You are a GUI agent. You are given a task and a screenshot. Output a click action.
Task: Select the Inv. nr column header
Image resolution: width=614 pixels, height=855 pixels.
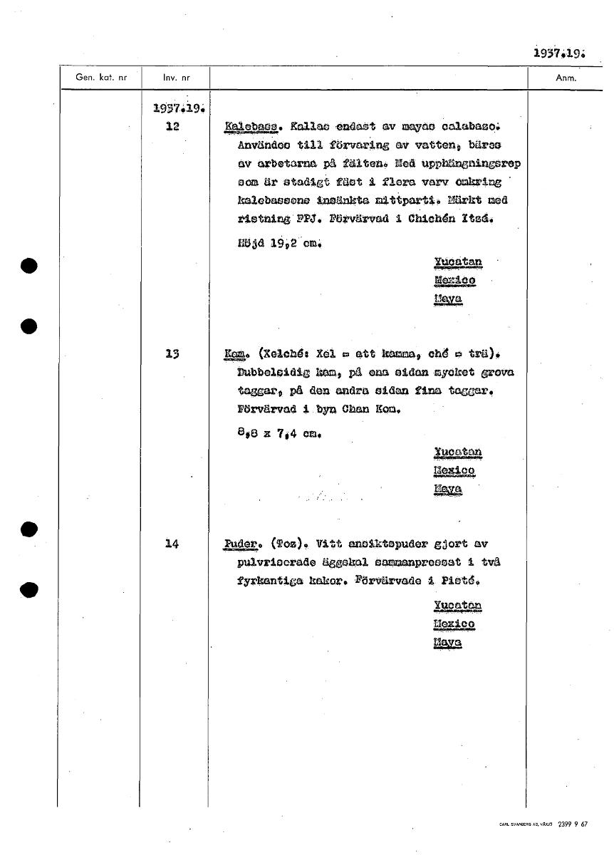[x=175, y=78]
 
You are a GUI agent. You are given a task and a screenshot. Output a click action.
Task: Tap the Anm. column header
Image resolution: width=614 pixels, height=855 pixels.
[x=566, y=78]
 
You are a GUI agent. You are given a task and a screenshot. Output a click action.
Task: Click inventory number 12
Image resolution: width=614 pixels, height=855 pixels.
[x=172, y=126]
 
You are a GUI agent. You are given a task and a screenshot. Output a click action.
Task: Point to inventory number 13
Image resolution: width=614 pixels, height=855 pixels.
[x=172, y=353]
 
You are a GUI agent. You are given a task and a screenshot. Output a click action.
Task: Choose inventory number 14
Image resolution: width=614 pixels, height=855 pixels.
[x=172, y=544]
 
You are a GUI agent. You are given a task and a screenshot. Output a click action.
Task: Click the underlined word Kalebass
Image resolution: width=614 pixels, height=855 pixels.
[x=250, y=127]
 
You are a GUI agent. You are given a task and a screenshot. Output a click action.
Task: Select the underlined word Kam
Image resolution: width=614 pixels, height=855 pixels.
[x=235, y=354]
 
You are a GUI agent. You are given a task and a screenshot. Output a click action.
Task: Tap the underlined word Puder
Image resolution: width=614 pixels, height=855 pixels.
[x=239, y=545]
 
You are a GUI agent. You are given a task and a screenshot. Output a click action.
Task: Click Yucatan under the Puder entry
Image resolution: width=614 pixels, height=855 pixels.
[x=457, y=606]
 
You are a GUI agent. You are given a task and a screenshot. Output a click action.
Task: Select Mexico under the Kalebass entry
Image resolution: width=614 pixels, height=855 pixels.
[x=454, y=280]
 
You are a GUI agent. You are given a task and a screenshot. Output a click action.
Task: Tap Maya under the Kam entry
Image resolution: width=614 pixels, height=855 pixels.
[x=448, y=489]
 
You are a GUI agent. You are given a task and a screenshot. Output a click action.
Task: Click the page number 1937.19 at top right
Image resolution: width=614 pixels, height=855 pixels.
[x=558, y=53]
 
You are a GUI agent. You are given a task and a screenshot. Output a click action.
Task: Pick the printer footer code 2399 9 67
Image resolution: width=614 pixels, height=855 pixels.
[x=573, y=824]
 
